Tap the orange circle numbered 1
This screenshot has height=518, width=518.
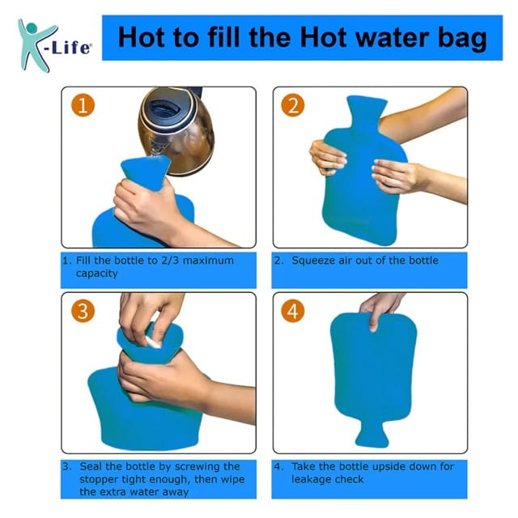83,105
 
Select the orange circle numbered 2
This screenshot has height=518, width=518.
293,105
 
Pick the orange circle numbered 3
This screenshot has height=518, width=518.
83,311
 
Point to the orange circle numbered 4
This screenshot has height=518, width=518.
293,311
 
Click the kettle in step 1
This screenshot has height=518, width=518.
176,130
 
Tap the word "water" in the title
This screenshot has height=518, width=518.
393,37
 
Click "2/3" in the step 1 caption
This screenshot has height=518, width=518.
170,261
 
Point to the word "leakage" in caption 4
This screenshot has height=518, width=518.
312,480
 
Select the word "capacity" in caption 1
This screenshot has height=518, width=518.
97,274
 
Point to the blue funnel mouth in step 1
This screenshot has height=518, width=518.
146,172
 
